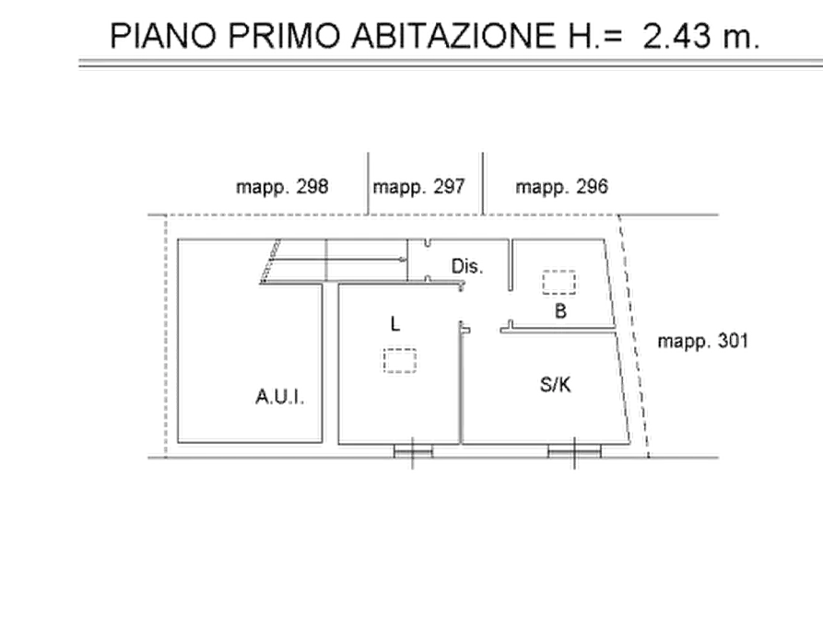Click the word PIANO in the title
(x=163, y=37)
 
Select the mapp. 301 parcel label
(x=703, y=342)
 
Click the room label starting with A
(x=278, y=399)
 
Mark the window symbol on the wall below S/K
(x=573, y=449)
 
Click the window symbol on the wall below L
(x=413, y=449)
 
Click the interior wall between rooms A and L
(x=326, y=364)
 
